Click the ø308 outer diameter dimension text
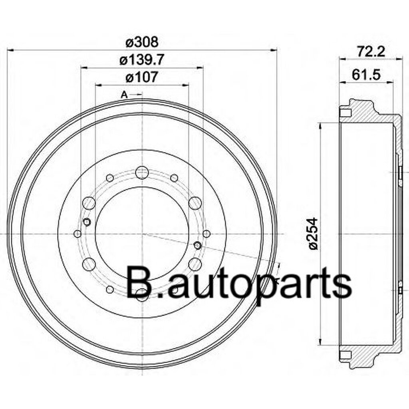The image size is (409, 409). tap(142, 42)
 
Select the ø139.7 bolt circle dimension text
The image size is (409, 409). tap(142, 60)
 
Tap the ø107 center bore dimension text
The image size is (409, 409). tap(142, 77)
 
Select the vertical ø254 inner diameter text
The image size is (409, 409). tap(314, 234)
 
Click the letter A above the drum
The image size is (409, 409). tap(124, 95)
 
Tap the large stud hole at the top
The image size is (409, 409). tap(142, 173)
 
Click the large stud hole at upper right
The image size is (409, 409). tap(195, 203)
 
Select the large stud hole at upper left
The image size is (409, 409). tap(89, 203)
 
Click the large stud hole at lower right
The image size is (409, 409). tap(195, 264)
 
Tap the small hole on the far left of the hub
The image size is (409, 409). tap(78, 233)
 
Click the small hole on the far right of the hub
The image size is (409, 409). tap(206, 233)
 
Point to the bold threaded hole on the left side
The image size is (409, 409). tap(88, 222)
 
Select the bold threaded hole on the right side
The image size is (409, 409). tap(197, 244)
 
